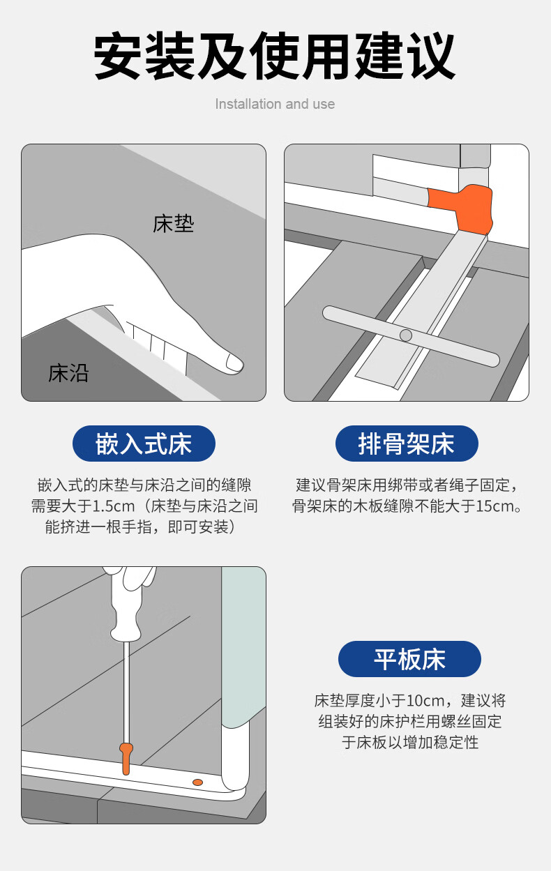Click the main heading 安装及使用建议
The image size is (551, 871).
tap(275, 56)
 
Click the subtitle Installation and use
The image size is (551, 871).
tap(275, 104)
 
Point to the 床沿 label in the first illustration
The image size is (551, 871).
tap(68, 373)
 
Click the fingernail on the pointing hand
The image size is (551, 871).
tap(234, 363)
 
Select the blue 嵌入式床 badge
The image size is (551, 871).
tap(144, 444)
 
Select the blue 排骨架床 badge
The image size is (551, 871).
tap(407, 444)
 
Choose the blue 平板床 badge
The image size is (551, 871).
tap(409, 659)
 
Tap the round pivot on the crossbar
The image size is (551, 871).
tap(405, 335)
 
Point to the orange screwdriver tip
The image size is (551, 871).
tap(126, 758)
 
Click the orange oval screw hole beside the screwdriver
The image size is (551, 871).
tap(197, 782)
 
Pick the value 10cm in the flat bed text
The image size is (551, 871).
tap(425, 700)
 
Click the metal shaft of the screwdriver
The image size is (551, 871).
tap(126, 692)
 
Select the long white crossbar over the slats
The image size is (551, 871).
tap(411, 336)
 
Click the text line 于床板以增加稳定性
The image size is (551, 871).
tap(410, 742)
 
